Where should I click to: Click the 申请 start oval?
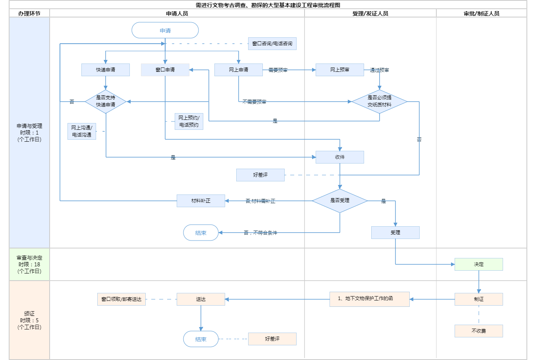165,30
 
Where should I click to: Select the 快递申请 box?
106,70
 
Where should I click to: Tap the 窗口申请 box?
165,70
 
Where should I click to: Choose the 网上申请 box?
239,70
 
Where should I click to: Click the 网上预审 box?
340,70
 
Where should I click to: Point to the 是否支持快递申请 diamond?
106,101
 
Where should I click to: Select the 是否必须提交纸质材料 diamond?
380,101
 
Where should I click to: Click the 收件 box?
340,157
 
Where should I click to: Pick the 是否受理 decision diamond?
340,200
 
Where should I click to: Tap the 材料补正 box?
201,201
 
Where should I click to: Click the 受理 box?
395,233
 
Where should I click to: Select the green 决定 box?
479,264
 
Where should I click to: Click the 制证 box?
479,299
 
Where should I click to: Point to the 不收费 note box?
479,331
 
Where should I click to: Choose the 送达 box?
201,299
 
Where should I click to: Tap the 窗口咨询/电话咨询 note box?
272,44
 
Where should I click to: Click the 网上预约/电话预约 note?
189,121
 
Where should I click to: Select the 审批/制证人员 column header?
482,13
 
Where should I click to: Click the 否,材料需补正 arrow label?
260,201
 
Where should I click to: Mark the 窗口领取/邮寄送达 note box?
121,299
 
